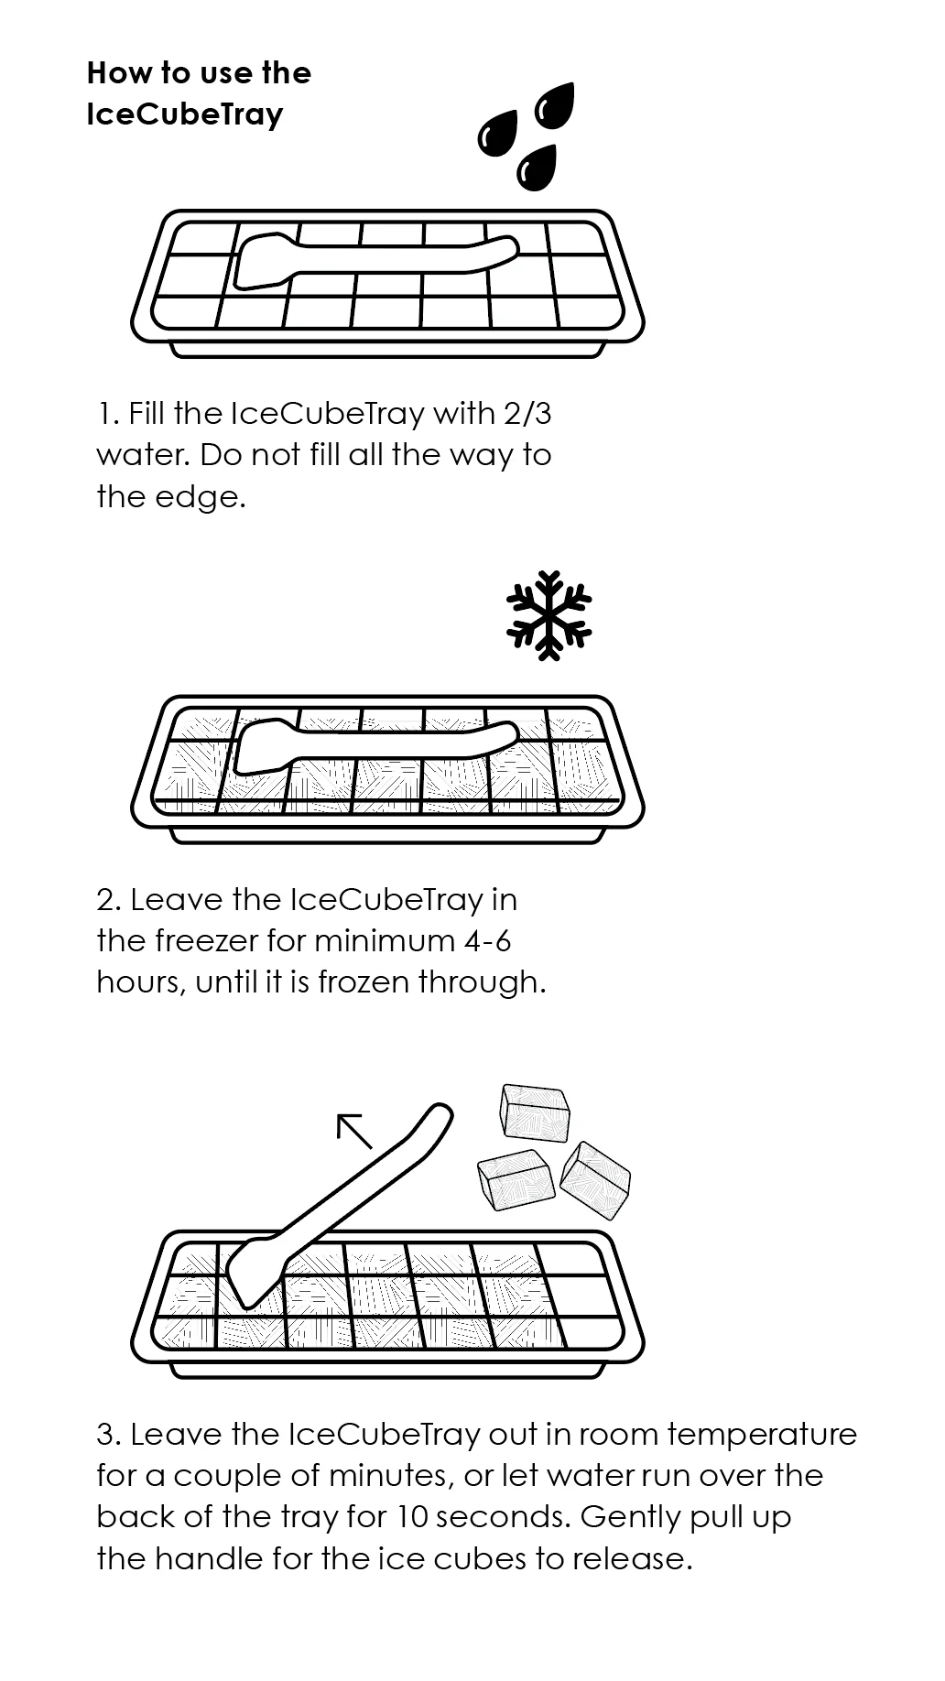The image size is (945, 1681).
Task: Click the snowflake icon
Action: pos(549,615)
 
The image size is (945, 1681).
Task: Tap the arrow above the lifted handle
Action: pos(354,1131)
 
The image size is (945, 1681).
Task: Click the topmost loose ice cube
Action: pos(535,1113)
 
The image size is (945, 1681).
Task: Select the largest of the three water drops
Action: pos(553,107)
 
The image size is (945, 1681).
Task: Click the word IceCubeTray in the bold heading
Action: pos(185,115)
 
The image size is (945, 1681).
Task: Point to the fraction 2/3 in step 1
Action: pos(527,414)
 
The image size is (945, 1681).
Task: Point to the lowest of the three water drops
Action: pos(537,168)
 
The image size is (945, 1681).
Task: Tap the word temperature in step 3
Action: pos(762,1435)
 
